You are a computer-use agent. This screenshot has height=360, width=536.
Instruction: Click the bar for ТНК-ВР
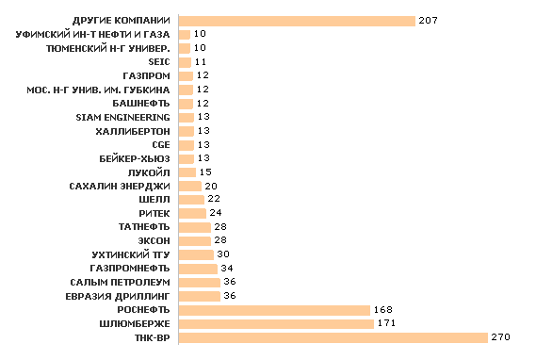tap(332, 337)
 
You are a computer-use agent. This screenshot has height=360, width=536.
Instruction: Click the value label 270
tap(500, 337)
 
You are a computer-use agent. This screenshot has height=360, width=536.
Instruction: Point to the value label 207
tap(429, 21)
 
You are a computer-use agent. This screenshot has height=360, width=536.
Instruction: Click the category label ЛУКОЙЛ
tap(146, 172)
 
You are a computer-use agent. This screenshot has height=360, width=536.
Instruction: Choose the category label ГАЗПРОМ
tap(146, 75)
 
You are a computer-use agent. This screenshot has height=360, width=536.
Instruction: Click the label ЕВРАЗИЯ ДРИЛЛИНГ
tap(119, 296)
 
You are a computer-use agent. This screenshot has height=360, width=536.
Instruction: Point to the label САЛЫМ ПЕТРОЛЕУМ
tap(120, 283)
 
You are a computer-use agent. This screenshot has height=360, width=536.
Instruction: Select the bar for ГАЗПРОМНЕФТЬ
tap(197, 269)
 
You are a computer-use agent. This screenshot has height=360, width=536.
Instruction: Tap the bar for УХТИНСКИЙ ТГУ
tap(195, 254)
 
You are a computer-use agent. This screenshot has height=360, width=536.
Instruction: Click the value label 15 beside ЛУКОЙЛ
tap(205, 172)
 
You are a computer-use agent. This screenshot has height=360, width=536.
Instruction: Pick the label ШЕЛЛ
tap(154, 200)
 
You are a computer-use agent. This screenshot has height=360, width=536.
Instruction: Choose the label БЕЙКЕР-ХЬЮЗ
tap(137, 158)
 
